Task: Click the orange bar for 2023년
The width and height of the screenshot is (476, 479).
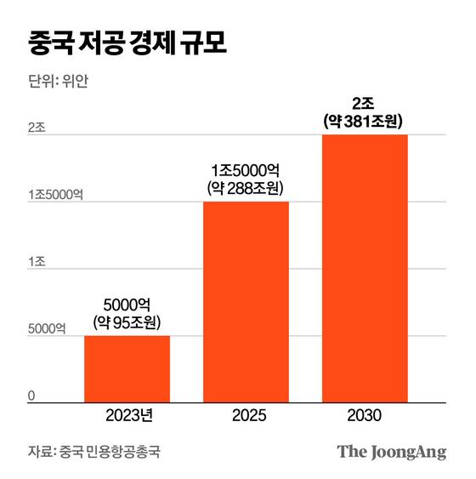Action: tap(127, 368)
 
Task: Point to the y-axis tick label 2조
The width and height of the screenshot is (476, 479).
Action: tap(36, 127)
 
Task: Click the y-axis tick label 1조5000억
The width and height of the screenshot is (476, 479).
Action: tap(55, 194)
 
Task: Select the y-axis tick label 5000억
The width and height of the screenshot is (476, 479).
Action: tap(47, 328)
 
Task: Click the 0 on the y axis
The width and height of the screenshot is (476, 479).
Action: tap(31, 395)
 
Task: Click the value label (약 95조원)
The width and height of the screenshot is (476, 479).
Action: tap(127, 322)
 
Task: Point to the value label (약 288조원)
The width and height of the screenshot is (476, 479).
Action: tap(246, 187)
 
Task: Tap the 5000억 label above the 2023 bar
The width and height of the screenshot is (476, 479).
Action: tap(127, 304)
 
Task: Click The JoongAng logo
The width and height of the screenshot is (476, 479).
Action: tap(391, 452)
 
